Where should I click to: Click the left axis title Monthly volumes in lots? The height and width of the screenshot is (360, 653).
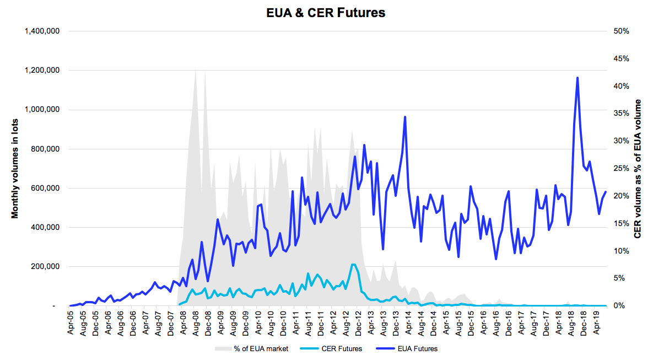(15, 168)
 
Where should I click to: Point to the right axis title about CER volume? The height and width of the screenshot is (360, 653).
(638, 168)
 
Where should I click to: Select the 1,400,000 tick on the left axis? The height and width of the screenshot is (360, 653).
(44, 31)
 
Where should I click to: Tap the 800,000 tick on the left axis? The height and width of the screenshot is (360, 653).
(47, 149)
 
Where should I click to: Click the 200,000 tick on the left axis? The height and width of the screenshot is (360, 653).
(47, 267)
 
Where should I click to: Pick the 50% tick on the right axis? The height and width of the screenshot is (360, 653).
(621, 31)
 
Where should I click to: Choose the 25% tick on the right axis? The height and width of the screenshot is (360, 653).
(621, 168)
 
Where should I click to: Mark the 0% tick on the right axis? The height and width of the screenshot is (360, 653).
(619, 306)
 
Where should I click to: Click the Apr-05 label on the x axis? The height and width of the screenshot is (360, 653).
(71, 323)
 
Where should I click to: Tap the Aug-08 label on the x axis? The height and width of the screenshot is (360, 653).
(196, 323)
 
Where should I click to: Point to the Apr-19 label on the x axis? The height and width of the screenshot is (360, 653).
(596, 323)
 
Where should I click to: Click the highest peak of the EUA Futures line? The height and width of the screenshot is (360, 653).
(577, 78)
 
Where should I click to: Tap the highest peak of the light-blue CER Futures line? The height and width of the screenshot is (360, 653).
(353, 265)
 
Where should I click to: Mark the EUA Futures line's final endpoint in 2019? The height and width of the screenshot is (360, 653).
(606, 192)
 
